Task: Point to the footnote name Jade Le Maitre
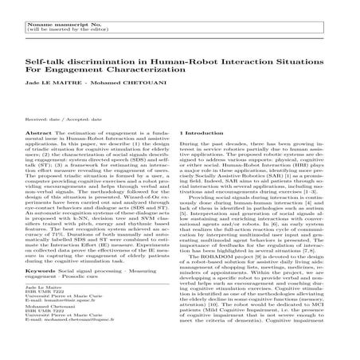(x=41, y=307)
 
